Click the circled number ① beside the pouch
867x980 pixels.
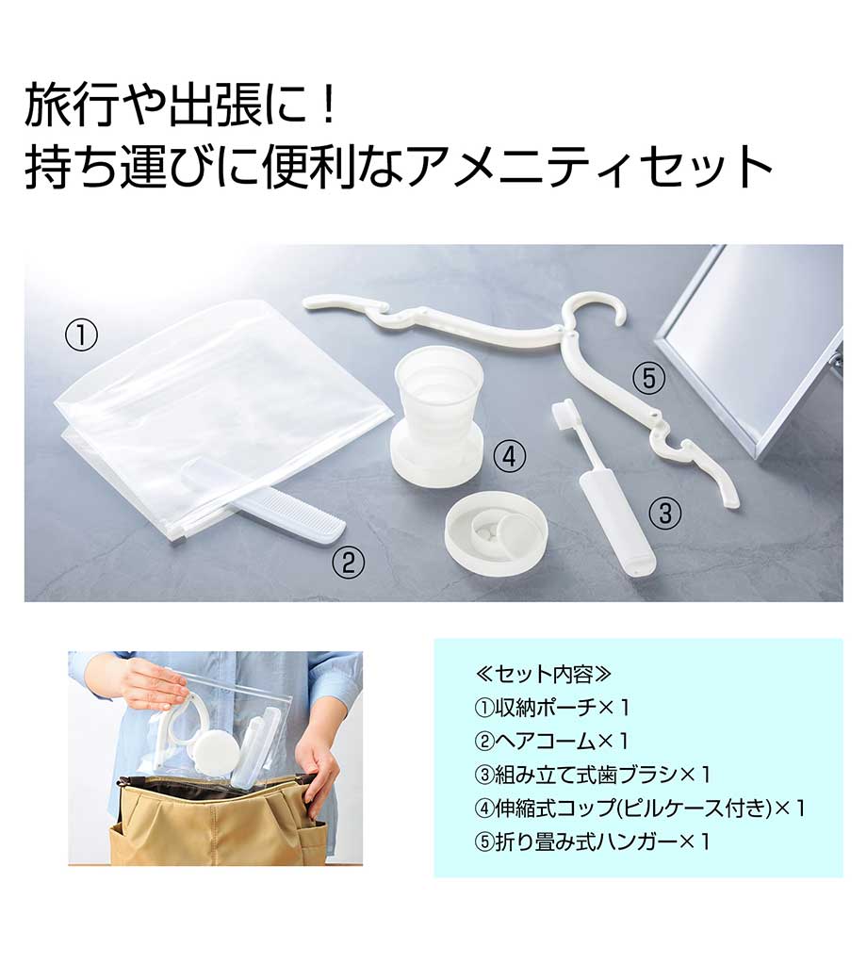coord(82,336)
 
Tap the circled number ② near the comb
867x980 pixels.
coord(348,562)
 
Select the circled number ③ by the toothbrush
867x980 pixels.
coord(664,514)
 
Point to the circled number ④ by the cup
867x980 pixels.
coord(510,456)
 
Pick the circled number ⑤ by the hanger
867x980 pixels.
coord(649,378)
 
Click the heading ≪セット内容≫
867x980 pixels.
coord(543,674)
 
